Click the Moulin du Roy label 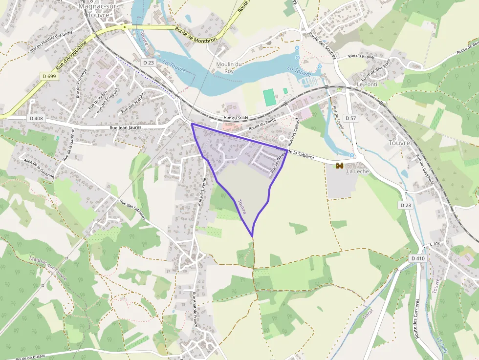(229, 67)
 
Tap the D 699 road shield (49, 77)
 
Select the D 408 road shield (36, 118)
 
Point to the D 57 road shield (350, 118)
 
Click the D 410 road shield (418, 258)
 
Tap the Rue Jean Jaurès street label (125, 127)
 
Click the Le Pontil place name (368, 84)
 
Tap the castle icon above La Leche (339, 166)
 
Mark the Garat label (368, 311)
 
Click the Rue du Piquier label (361, 57)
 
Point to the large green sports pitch (269, 97)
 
